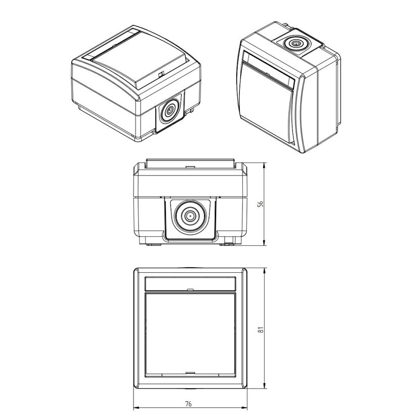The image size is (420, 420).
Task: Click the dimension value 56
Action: coord(260,204)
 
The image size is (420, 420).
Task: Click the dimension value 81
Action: coord(261,329)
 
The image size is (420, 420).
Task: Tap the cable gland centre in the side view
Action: coord(190,216)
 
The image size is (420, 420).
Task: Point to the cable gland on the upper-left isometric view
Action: coord(170,110)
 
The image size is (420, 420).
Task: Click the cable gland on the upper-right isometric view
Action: coord(296,43)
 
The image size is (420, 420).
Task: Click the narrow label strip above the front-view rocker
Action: coord(190,284)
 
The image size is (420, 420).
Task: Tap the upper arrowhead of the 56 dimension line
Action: coord(265,165)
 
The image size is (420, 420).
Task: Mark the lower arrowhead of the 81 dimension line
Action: coord(265,386)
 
